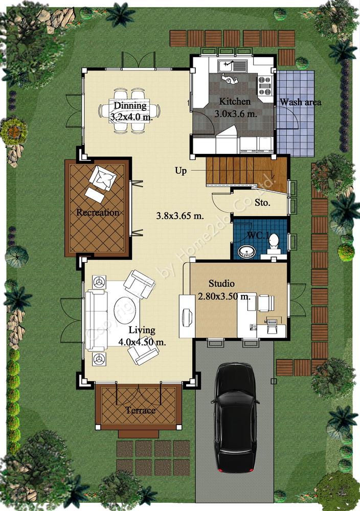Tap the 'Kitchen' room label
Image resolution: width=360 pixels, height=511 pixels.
click(x=235, y=101)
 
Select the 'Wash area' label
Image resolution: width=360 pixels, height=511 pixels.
click(x=300, y=102)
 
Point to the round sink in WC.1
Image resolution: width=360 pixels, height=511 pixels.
click(x=245, y=252)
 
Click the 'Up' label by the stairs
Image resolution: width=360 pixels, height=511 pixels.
click(x=181, y=171)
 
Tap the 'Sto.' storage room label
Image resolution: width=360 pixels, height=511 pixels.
click(x=262, y=203)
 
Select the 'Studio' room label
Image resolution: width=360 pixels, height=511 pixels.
click(x=221, y=283)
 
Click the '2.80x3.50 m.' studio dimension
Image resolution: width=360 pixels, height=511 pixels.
click(x=224, y=296)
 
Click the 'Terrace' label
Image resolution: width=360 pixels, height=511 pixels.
click(x=141, y=410)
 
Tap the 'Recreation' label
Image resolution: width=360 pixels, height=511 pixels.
click(x=98, y=213)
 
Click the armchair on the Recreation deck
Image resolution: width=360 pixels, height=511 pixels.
click(x=103, y=178)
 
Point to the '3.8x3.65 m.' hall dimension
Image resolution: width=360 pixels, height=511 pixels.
click(x=180, y=216)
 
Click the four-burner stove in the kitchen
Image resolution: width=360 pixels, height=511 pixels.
click(x=264, y=86)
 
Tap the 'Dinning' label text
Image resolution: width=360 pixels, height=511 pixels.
click(x=130, y=105)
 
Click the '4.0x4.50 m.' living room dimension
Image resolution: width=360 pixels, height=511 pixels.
click(x=142, y=342)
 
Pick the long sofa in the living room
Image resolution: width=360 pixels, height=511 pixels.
click(x=96, y=319)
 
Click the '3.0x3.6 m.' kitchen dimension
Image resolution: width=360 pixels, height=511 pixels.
click(x=236, y=114)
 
